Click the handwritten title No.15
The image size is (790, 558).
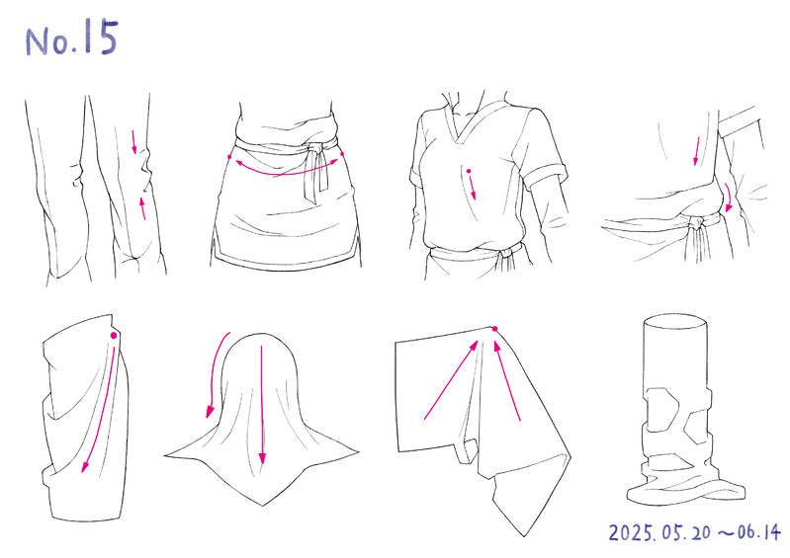[x=71, y=38]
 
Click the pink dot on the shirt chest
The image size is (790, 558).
[x=468, y=172]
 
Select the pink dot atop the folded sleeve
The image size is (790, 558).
[x=114, y=335]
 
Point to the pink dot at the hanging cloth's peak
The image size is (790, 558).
[x=494, y=329]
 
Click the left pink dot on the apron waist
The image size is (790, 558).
[x=229, y=157]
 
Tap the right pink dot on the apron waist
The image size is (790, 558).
[x=342, y=153]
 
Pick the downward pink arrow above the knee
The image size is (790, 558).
[x=134, y=142]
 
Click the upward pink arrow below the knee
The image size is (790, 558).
[x=142, y=207]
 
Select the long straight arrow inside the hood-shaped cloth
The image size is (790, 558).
[x=261, y=405]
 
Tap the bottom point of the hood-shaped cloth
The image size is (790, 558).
[x=262, y=506]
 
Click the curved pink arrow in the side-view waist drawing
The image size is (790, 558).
[x=728, y=197]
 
